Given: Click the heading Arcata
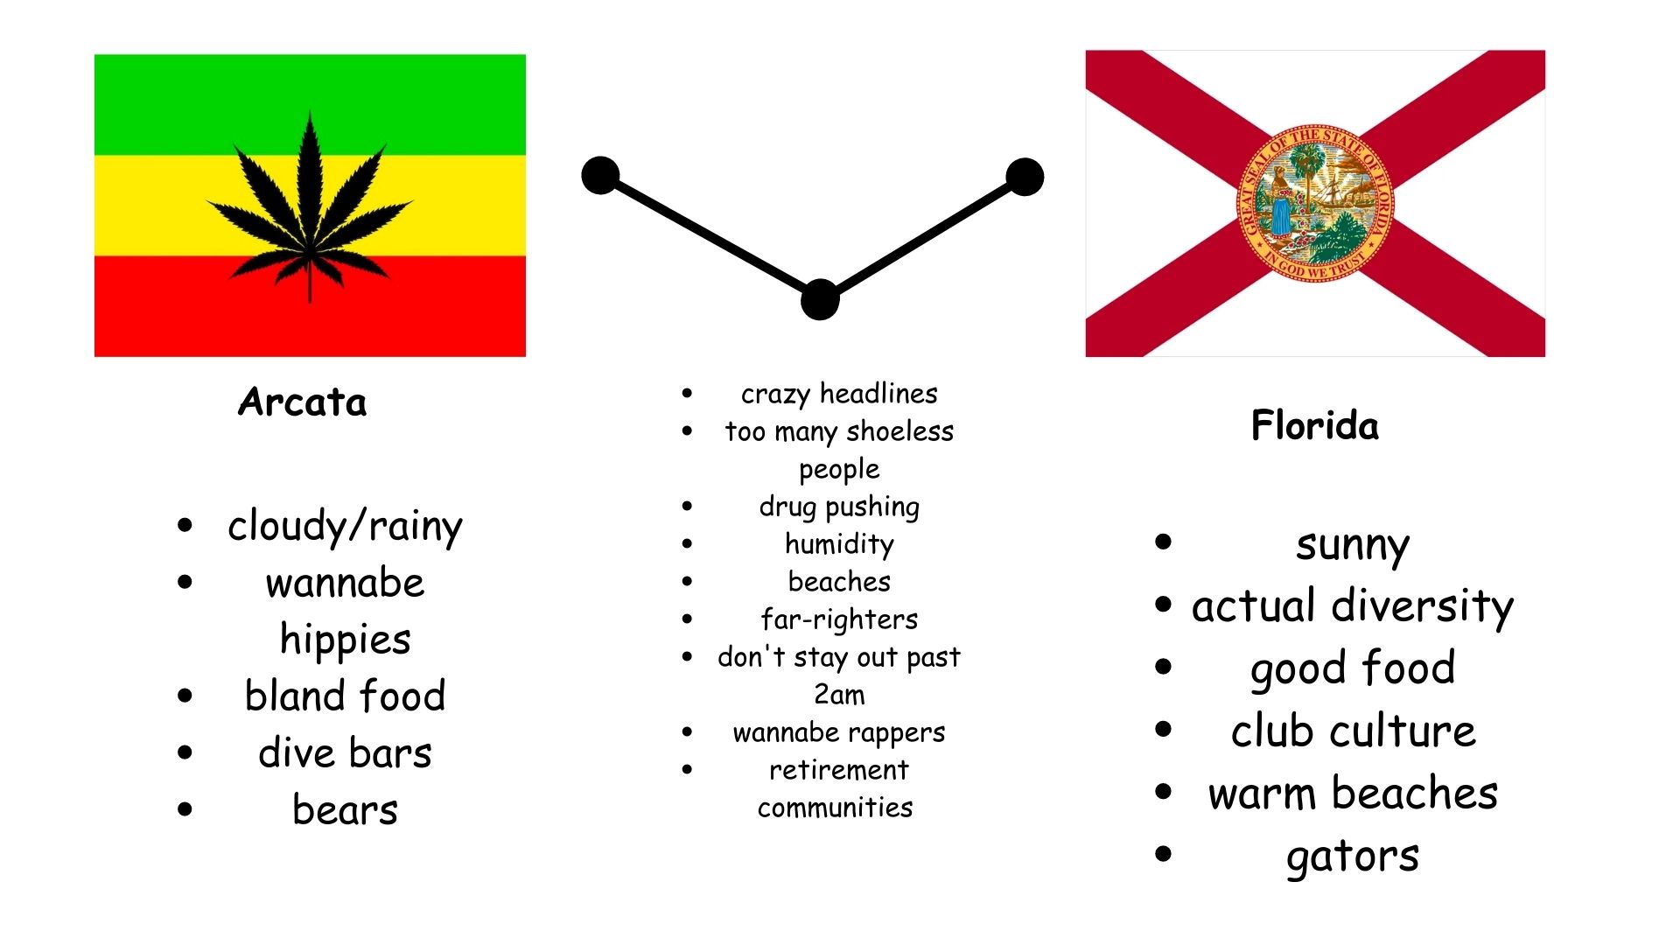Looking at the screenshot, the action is (x=302, y=402).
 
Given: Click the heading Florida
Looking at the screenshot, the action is (x=1314, y=425).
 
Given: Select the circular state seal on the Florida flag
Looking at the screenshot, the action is (x=1314, y=202).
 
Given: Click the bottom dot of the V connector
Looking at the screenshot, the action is (x=820, y=300).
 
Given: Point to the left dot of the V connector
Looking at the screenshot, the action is (x=600, y=176).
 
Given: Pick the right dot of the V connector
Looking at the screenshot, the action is (x=1025, y=177).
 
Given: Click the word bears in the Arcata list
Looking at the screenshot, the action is (x=345, y=809).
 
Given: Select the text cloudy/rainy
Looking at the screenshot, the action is (x=345, y=527).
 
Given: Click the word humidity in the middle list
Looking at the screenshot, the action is (x=839, y=545).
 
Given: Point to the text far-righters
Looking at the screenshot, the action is (x=839, y=619).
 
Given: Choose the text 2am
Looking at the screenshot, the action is (x=839, y=695).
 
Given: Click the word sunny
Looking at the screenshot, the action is (x=1353, y=546).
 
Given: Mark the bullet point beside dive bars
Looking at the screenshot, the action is (x=185, y=752).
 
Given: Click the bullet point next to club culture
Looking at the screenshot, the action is (x=1163, y=729).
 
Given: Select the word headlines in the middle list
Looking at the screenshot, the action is (x=878, y=394).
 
